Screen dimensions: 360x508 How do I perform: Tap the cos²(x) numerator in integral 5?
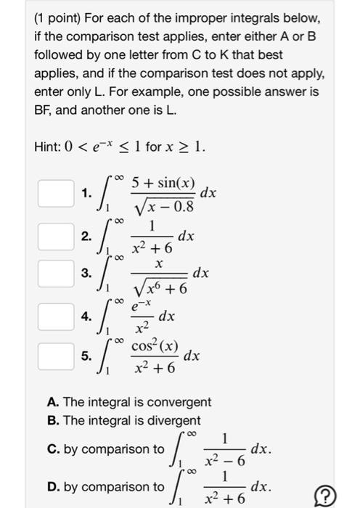(x=155, y=346)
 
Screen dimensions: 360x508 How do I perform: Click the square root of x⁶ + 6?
(x=160, y=287)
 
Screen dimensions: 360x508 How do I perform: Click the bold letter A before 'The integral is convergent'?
(x=50, y=401)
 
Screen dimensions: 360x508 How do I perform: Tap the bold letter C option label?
(x=50, y=449)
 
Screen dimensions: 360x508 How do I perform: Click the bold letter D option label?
(x=50, y=487)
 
